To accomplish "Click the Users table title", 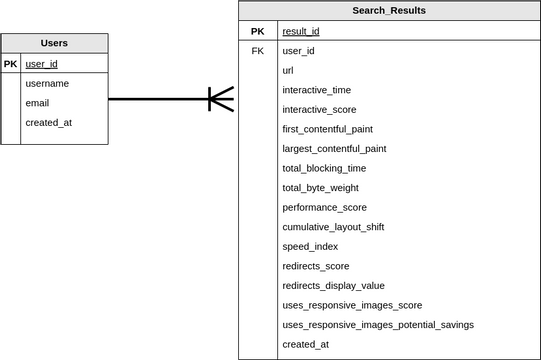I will point(54,43).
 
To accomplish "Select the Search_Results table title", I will point(389,11).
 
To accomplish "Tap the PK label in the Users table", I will point(11,64).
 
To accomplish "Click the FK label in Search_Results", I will point(257,50).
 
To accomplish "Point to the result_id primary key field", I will point(301,31).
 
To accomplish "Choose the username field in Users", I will point(47,83).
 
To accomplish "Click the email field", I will point(37,103).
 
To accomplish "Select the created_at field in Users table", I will point(48,123).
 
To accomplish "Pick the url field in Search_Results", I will point(288,70).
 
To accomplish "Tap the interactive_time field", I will point(316,90).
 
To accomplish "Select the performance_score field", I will point(324,207).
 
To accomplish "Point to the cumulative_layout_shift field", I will point(333,227).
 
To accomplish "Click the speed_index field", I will point(310,246).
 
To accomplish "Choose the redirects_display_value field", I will point(333,285).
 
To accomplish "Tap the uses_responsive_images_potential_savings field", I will point(378,324).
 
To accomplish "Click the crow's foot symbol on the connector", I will point(221,99).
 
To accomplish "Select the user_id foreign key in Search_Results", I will point(299,50).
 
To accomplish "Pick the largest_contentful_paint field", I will point(334,148).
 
